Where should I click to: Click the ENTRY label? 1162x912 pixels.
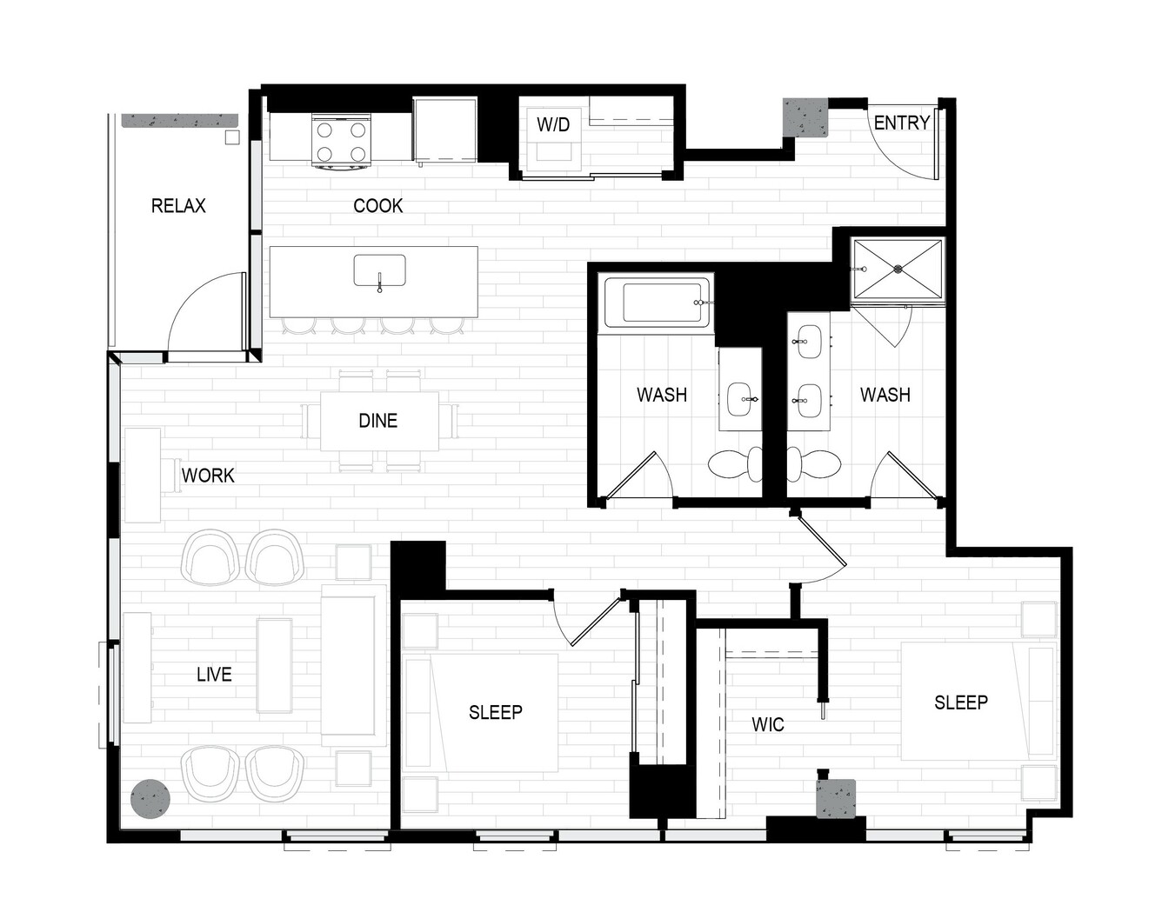pos(902,123)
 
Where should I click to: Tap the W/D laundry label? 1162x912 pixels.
pos(553,124)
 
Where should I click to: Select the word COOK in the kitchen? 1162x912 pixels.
pos(378,206)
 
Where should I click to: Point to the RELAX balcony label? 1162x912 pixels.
pos(178,206)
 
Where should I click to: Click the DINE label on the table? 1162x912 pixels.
pos(378,421)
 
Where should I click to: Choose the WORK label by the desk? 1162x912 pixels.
pos(208,476)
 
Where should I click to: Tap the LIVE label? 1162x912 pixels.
pos(215,675)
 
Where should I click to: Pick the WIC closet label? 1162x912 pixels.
pos(768,725)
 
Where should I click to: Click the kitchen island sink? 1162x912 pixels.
pos(380,271)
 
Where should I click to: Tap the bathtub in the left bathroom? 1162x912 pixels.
pos(658,303)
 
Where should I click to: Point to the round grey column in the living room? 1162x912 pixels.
pos(150,799)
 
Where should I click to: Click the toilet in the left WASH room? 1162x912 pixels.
pos(736,465)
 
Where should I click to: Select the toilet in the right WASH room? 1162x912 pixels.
pos(814,465)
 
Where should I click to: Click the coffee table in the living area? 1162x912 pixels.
pos(274,666)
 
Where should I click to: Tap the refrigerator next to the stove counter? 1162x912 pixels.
pos(445,130)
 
